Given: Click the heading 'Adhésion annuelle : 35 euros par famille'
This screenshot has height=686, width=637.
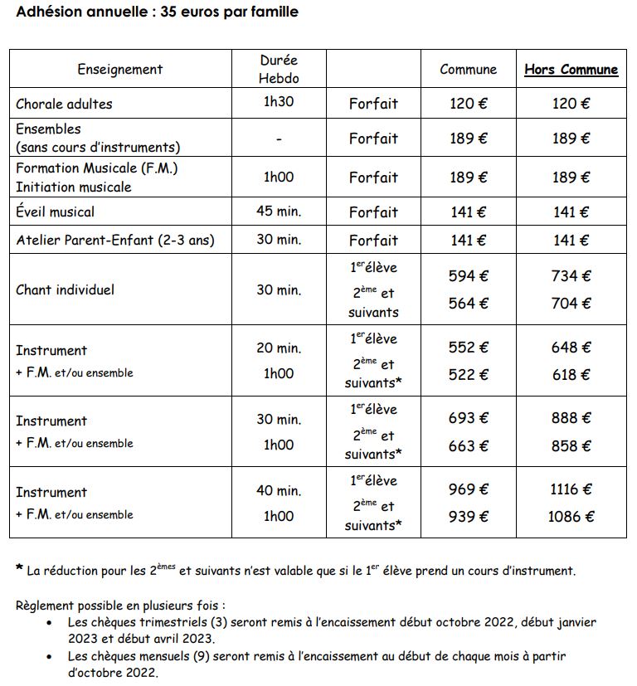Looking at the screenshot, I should tap(158, 12).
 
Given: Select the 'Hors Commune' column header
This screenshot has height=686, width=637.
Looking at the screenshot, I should tap(571, 70).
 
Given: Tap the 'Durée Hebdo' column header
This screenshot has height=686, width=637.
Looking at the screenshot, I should tap(279, 69).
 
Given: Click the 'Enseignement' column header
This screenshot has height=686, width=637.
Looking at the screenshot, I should tap(120, 70).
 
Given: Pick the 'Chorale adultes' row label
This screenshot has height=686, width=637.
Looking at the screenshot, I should tap(64, 104).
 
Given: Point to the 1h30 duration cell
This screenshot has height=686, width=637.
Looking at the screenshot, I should tap(279, 103).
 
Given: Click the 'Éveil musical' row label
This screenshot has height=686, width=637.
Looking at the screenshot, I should tap(56, 212).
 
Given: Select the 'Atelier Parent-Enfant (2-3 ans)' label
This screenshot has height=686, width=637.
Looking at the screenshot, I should tap(115, 241).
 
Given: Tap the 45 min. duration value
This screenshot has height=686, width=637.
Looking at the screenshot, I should tap(279, 212).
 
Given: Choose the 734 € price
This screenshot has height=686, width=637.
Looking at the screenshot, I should tap(571, 276).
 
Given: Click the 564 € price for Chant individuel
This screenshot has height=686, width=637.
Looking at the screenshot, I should tap(469, 303).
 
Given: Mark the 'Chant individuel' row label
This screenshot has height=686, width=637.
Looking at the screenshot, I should tap(66, 289).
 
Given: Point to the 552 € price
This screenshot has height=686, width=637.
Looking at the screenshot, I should tap(469, 348).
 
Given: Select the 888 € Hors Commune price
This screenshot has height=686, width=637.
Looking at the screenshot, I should tap(571, 419).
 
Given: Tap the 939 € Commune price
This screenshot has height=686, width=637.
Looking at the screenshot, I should tap(469, 517).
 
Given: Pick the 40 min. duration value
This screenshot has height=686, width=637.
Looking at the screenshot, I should tap(279, 490).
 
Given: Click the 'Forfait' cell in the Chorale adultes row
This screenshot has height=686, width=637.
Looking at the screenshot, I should tap(373, 104).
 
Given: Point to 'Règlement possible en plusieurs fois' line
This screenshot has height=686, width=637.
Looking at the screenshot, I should tap(120, 605).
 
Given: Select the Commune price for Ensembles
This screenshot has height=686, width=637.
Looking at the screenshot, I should tap(469, 139).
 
